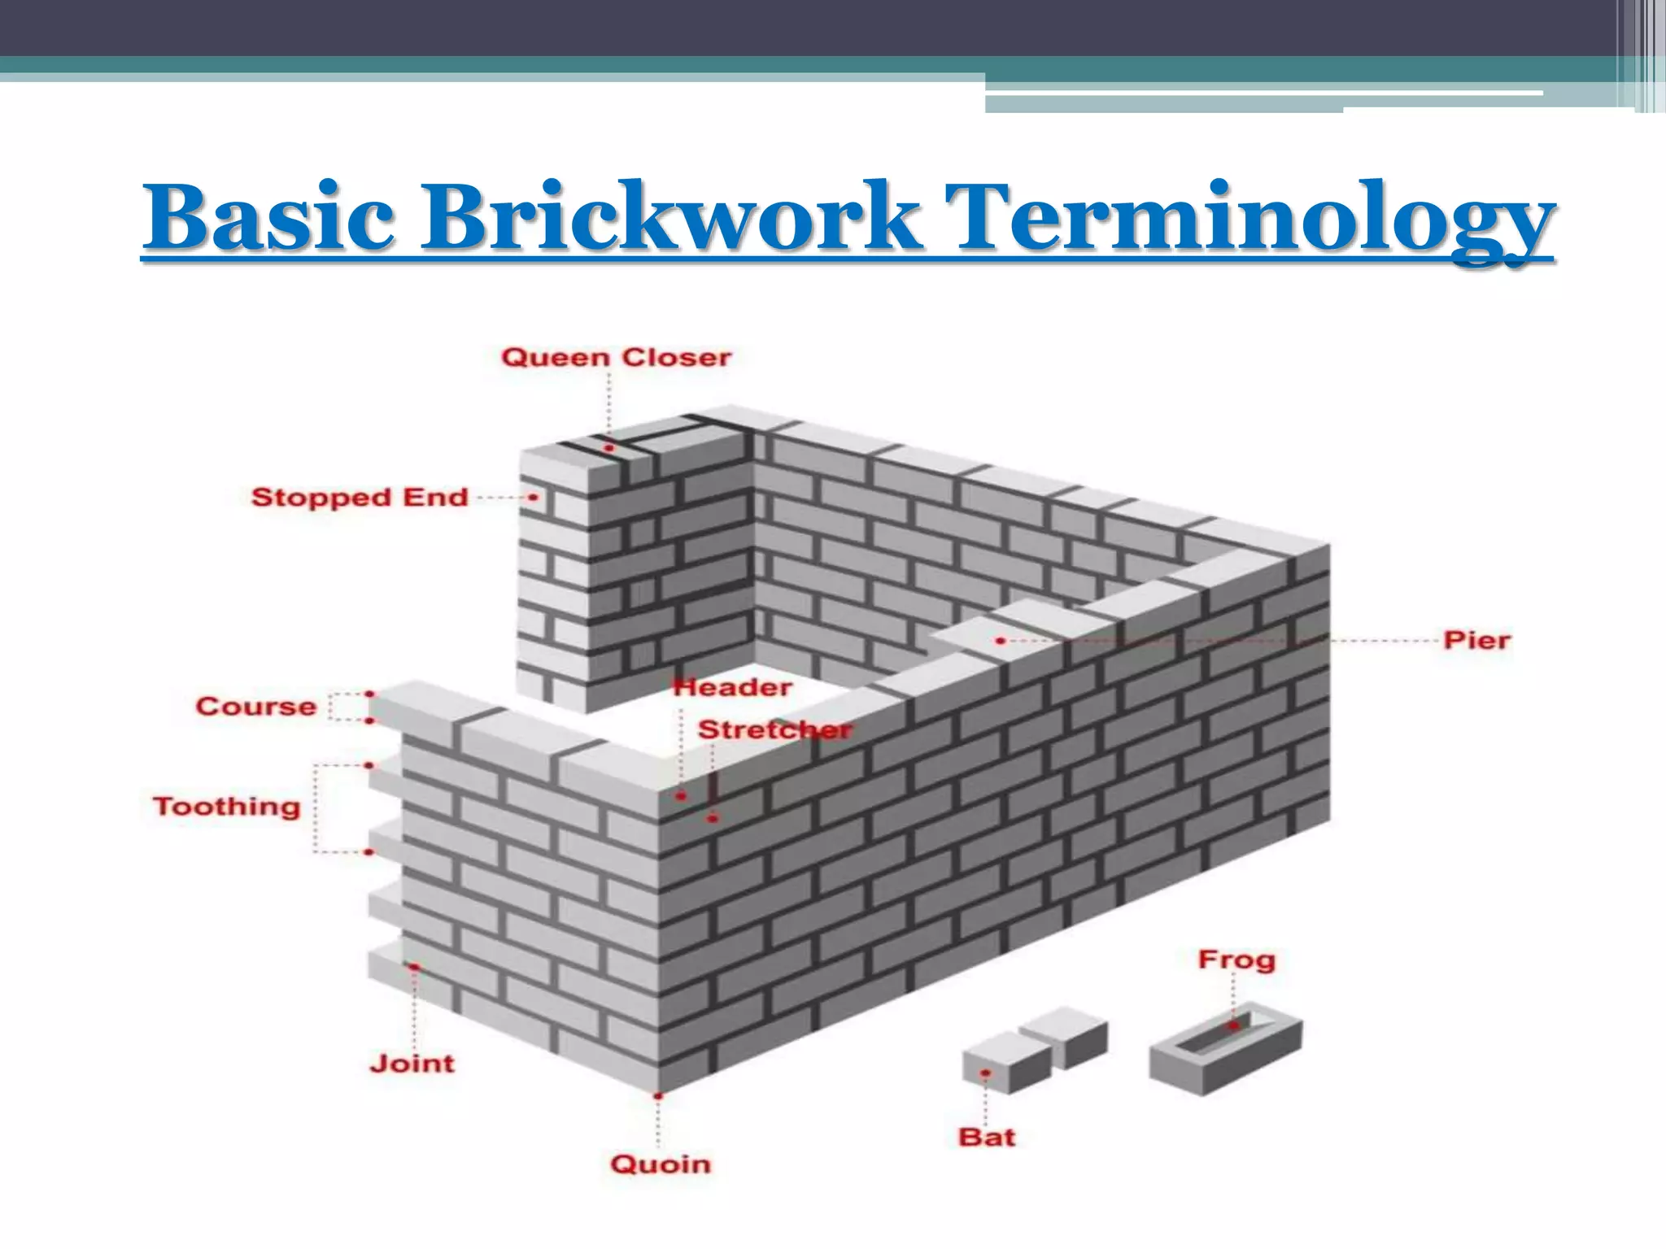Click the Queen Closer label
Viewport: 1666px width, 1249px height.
pos(616,358)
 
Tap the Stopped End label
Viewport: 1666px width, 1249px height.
pos(360,497)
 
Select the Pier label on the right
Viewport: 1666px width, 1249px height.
pos(1476,640)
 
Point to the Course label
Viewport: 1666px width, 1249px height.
pos(255,706)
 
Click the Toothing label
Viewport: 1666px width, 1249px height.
pos(227,807)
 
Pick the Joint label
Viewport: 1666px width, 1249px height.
pos(412,1063)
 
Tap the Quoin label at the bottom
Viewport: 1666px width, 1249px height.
pos(660,1164)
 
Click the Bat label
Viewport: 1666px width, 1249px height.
pos(987,1137)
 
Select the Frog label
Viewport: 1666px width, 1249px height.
pos(1236,960)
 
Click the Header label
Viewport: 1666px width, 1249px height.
pos(733,688)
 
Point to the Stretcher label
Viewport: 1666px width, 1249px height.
pos(774,729)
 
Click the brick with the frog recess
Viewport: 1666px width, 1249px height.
pos(1225,1048)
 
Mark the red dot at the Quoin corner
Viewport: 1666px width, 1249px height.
pos(658,1096)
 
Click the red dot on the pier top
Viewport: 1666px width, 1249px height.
pos(1000,641)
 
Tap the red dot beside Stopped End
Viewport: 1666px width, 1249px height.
pos(534,497)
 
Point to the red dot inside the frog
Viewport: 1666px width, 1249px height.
pos(1234,1026)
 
